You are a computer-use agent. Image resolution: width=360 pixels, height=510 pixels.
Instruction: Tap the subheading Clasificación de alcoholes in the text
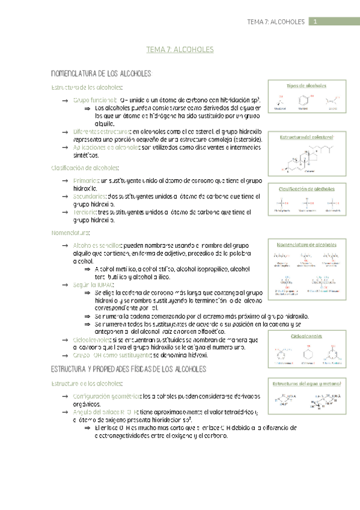[x=85, y=168]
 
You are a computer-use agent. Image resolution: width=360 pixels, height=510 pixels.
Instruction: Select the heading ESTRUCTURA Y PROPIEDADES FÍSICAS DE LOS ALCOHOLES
[x=129, y=368]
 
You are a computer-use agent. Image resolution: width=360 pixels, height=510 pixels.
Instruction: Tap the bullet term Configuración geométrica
[x=105, y=396]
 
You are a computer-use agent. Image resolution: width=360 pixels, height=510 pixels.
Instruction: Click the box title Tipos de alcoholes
[x=307, y=86]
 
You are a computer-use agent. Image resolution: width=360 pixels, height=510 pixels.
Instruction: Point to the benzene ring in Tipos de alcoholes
[x=307, y=100]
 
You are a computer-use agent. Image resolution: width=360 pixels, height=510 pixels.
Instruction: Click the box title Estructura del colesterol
[x=307, y=138]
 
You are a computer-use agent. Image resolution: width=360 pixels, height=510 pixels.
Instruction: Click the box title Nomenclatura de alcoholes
[x=307, y=245]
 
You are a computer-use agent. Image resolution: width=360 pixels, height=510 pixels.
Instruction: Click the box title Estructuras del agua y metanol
[x=307, y=383]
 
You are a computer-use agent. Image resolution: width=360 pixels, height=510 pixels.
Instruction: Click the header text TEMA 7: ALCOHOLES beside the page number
[x=276, y=22]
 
